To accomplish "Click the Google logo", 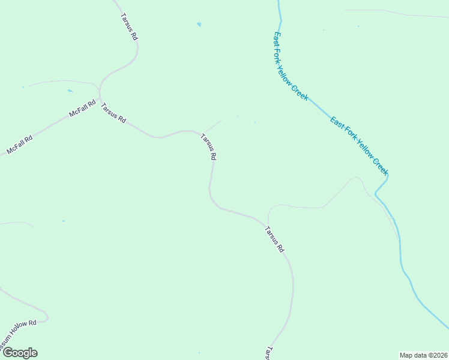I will pos(20,353).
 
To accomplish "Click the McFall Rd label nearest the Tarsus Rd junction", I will pos(83,109).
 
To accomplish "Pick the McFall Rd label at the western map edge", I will pos(19,143).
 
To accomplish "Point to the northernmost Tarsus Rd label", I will pos(129,27).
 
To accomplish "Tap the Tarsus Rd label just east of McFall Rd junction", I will pos(113,113).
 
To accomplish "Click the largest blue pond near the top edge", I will pos(199,25).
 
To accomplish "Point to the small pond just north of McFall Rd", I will pos(70,91).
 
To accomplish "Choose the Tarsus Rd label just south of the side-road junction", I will pos(274,239).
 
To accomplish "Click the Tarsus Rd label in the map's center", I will pos(208,147).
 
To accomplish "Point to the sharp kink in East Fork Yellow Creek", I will pos(387,176).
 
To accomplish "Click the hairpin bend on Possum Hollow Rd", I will pos(46,316).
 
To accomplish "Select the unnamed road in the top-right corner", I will pos(396,13).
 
